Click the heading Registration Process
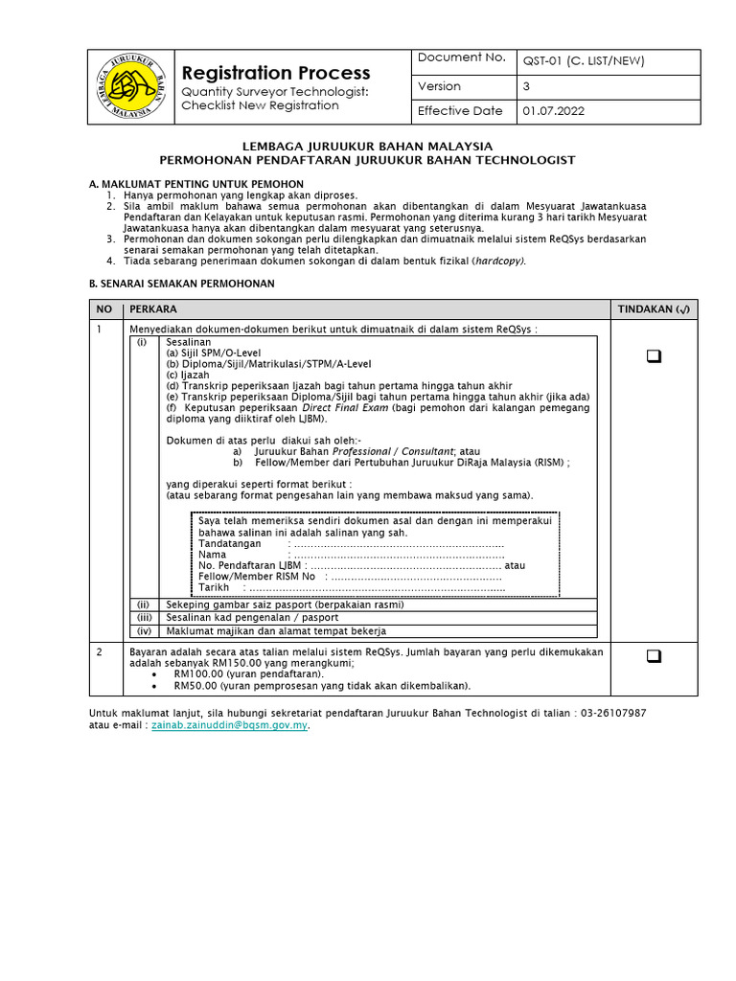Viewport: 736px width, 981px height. coord(276,73)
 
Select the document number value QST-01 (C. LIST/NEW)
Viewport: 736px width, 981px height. coord(583,61)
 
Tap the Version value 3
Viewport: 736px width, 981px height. coord(526,86)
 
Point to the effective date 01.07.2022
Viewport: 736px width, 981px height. coord(553,111)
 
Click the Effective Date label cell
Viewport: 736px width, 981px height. coord(461,111)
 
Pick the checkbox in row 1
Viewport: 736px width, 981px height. coord(655,356)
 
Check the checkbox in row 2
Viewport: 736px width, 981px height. coord(655,656)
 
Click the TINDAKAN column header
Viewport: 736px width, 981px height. coord(655,308)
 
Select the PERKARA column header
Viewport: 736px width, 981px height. coord(153,308)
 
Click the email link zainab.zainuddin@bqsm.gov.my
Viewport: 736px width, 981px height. coord(229,726)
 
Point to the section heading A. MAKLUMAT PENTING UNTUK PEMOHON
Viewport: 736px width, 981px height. coord(196,183)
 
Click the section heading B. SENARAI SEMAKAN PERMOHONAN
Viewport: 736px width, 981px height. coord(181,284)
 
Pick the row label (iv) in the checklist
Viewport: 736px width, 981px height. coord(145,631)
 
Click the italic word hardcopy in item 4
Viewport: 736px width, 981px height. coord(499,260)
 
